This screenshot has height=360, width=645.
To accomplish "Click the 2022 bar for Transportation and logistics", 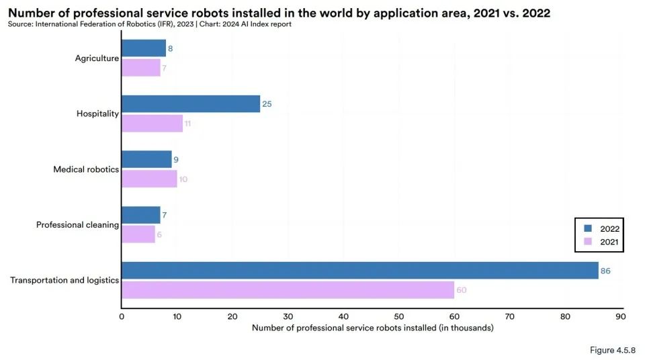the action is [x=360, y=270].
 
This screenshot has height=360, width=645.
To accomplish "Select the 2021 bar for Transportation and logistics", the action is [x=288, y=290].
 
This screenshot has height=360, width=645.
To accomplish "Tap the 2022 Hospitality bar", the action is [x=191, y=103].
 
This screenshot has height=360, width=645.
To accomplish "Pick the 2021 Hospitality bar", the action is [x=153, y=124].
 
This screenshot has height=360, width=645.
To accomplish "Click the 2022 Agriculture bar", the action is [x=144, y=48].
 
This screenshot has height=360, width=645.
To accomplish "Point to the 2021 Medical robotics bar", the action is [x=149, y=179].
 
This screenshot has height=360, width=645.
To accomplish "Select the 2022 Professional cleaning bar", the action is [x=141, y=215].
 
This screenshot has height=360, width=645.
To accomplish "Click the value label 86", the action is [x=605, y=271].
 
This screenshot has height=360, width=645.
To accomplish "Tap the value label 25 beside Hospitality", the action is [x=267, y=104].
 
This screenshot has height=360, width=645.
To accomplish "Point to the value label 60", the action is [x=462, y=290].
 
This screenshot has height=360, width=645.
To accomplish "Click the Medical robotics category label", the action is [x=86, y=169].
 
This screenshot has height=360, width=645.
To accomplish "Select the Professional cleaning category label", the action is [x=77, y=224].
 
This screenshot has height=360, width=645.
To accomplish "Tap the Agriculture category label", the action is [x=97, y=58].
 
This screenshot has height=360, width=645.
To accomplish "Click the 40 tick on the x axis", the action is [x=343, y=316].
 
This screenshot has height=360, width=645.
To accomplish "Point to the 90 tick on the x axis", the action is [x=621, y=316].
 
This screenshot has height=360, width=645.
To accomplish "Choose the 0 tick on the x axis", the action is [x=122, y=316].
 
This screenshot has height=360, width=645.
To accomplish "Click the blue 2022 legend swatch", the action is [x=588, y=228].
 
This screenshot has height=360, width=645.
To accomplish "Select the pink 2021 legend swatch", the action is [x=588, y=242].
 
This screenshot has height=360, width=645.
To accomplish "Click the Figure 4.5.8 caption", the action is [x=613, y=350].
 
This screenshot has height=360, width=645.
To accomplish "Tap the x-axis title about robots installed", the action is [x=373, y=328].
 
